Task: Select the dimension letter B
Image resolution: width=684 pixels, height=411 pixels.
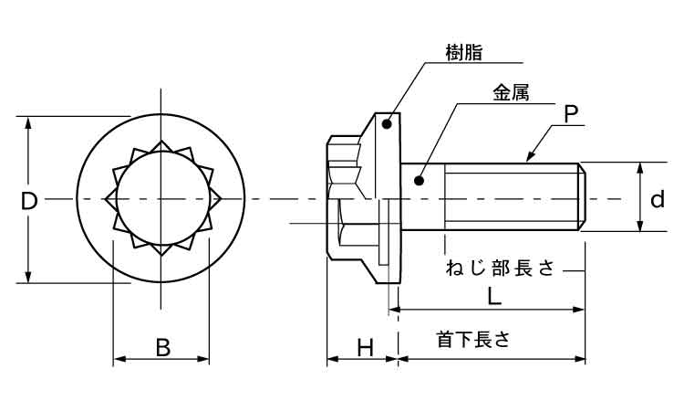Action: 161,347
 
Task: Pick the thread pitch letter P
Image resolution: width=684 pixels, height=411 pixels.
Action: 570,114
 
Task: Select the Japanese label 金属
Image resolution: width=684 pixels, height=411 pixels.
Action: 511,94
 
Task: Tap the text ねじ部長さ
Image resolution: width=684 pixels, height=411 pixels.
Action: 500,269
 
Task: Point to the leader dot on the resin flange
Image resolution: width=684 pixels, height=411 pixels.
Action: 387,125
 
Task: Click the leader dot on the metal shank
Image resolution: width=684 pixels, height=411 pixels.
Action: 420,179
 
